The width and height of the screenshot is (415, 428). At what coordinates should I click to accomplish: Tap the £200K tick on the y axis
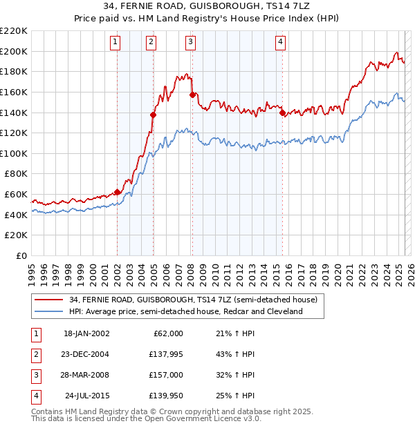click(14, 51)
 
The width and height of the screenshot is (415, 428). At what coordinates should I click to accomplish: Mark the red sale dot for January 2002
click(118, 192)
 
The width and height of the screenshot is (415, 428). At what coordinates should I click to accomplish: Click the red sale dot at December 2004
click(154, 115)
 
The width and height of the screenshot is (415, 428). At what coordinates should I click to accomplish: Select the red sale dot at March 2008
click(193, 95)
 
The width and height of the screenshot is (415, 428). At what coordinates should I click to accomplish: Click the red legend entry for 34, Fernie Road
click(193, 300)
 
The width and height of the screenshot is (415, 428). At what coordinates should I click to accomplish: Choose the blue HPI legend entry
click(185, 312)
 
